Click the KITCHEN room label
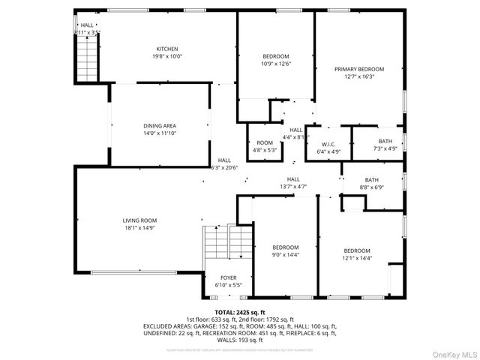click(166, 49)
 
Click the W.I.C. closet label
click(328, 144)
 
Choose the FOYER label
click(228, 278)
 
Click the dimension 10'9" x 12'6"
click(276, 64)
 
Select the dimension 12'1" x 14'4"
click(357, 258)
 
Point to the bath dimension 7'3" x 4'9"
click(385, 148)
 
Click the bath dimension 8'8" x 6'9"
click(372, 187)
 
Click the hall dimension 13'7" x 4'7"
click(293, 187)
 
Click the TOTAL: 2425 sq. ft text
click(240, 312)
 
